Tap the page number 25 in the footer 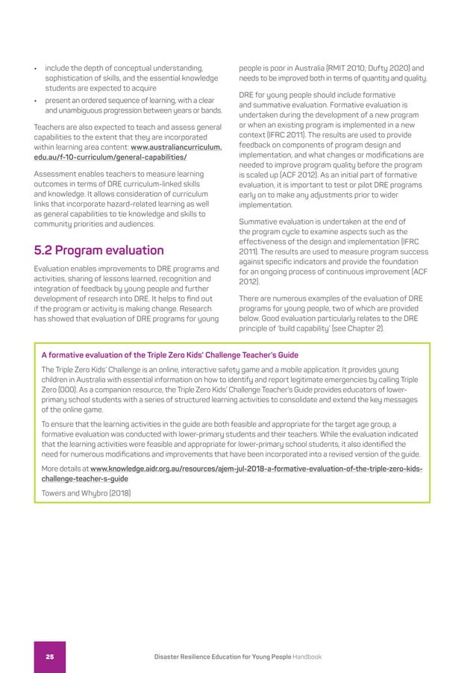49,657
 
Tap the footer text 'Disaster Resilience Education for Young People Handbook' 237,657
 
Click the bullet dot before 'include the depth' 36,69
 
